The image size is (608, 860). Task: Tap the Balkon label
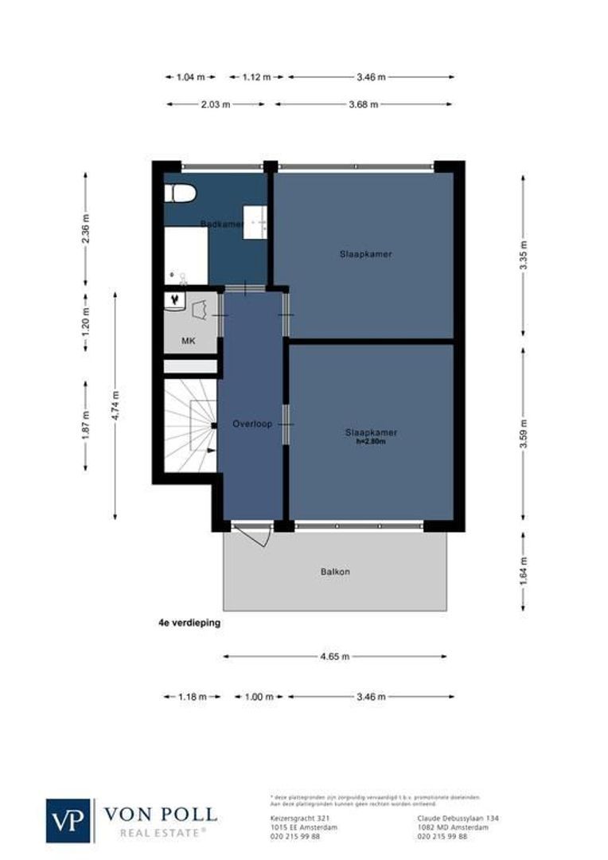(x=335, y=572)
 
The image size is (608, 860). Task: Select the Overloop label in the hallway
(x=252, y=424)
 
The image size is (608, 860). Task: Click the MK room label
(x=189, y=341)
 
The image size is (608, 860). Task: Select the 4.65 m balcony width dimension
(x=334, y=657)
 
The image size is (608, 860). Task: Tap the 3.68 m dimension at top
(x=364, y=104)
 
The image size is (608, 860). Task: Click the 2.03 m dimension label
(x=216, y=104)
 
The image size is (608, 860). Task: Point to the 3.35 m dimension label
(x=523, y=255)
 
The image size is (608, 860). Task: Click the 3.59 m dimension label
(x=523, y=434)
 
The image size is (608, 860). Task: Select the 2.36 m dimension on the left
(x=86, y=230)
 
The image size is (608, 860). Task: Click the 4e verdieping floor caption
(x=189, y=624)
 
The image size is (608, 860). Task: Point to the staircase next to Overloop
(x=190, y=425)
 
